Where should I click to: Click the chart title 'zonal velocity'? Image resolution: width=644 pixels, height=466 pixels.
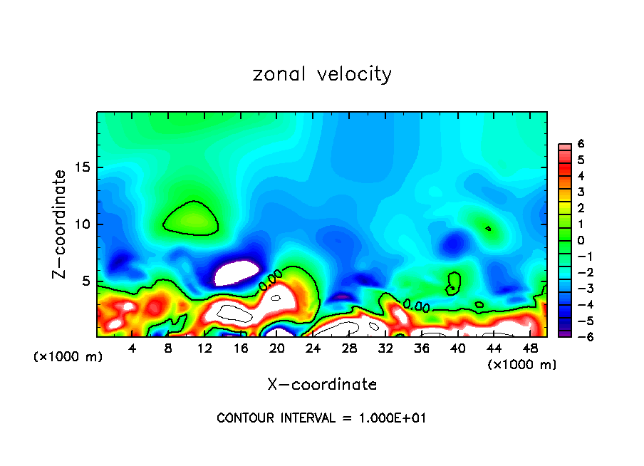coord(322,74)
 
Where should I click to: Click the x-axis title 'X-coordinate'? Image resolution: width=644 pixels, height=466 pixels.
coord(322,385)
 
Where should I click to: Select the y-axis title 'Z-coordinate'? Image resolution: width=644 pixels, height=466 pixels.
coord(60,224)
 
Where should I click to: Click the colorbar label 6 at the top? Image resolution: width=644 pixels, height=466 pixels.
coord(581,144)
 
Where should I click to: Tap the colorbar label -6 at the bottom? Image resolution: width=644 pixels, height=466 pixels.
coord(578,337)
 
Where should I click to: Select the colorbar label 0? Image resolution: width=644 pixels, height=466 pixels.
coord(581,240)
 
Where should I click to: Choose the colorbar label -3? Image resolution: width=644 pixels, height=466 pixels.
coord(578,289)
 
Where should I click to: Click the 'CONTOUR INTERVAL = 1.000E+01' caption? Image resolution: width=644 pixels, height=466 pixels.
coord(322,418)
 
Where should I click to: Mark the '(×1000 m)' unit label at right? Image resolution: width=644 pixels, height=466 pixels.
coord(522,365)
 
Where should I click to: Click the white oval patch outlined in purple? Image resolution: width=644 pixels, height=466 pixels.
coord(237,272)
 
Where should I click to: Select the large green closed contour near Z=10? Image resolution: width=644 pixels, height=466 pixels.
coord(190,218)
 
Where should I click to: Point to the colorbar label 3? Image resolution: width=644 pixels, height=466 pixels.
coord(581,192)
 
